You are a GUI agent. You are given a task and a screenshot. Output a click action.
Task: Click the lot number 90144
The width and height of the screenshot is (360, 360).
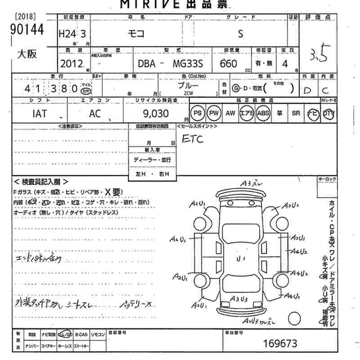27,29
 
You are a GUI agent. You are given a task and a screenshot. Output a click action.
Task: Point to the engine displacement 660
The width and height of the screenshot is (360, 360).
229,64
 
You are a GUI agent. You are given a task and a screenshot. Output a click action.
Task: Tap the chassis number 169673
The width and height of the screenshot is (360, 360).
280,344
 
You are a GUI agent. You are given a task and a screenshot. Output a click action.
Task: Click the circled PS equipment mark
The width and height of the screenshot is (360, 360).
198,113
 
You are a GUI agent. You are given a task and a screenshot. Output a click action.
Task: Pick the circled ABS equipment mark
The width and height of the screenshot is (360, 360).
263,113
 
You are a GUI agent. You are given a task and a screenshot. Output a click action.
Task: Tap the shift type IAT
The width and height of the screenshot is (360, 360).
40,114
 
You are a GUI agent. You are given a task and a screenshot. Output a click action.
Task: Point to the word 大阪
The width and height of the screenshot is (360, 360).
27,54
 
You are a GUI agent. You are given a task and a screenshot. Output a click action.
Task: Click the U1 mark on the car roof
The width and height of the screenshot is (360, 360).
241,259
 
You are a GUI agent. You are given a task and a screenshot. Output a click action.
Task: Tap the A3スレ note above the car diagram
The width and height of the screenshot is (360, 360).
252,184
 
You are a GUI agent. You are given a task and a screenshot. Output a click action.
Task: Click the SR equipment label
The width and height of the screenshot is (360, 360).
296,113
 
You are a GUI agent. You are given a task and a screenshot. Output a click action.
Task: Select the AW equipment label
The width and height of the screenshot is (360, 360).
230,113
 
